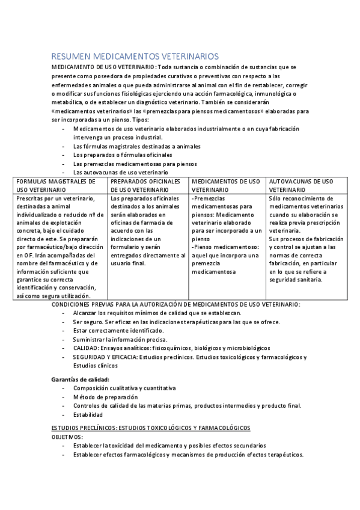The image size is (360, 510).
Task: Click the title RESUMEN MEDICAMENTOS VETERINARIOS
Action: pos(135,56)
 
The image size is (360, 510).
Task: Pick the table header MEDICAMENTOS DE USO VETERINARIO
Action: pos(225,185)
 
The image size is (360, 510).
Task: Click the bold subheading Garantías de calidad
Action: pos(80,379)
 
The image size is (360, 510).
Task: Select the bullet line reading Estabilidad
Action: pos(88,414)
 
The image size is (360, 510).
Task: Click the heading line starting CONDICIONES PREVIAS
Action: pos(175,305)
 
